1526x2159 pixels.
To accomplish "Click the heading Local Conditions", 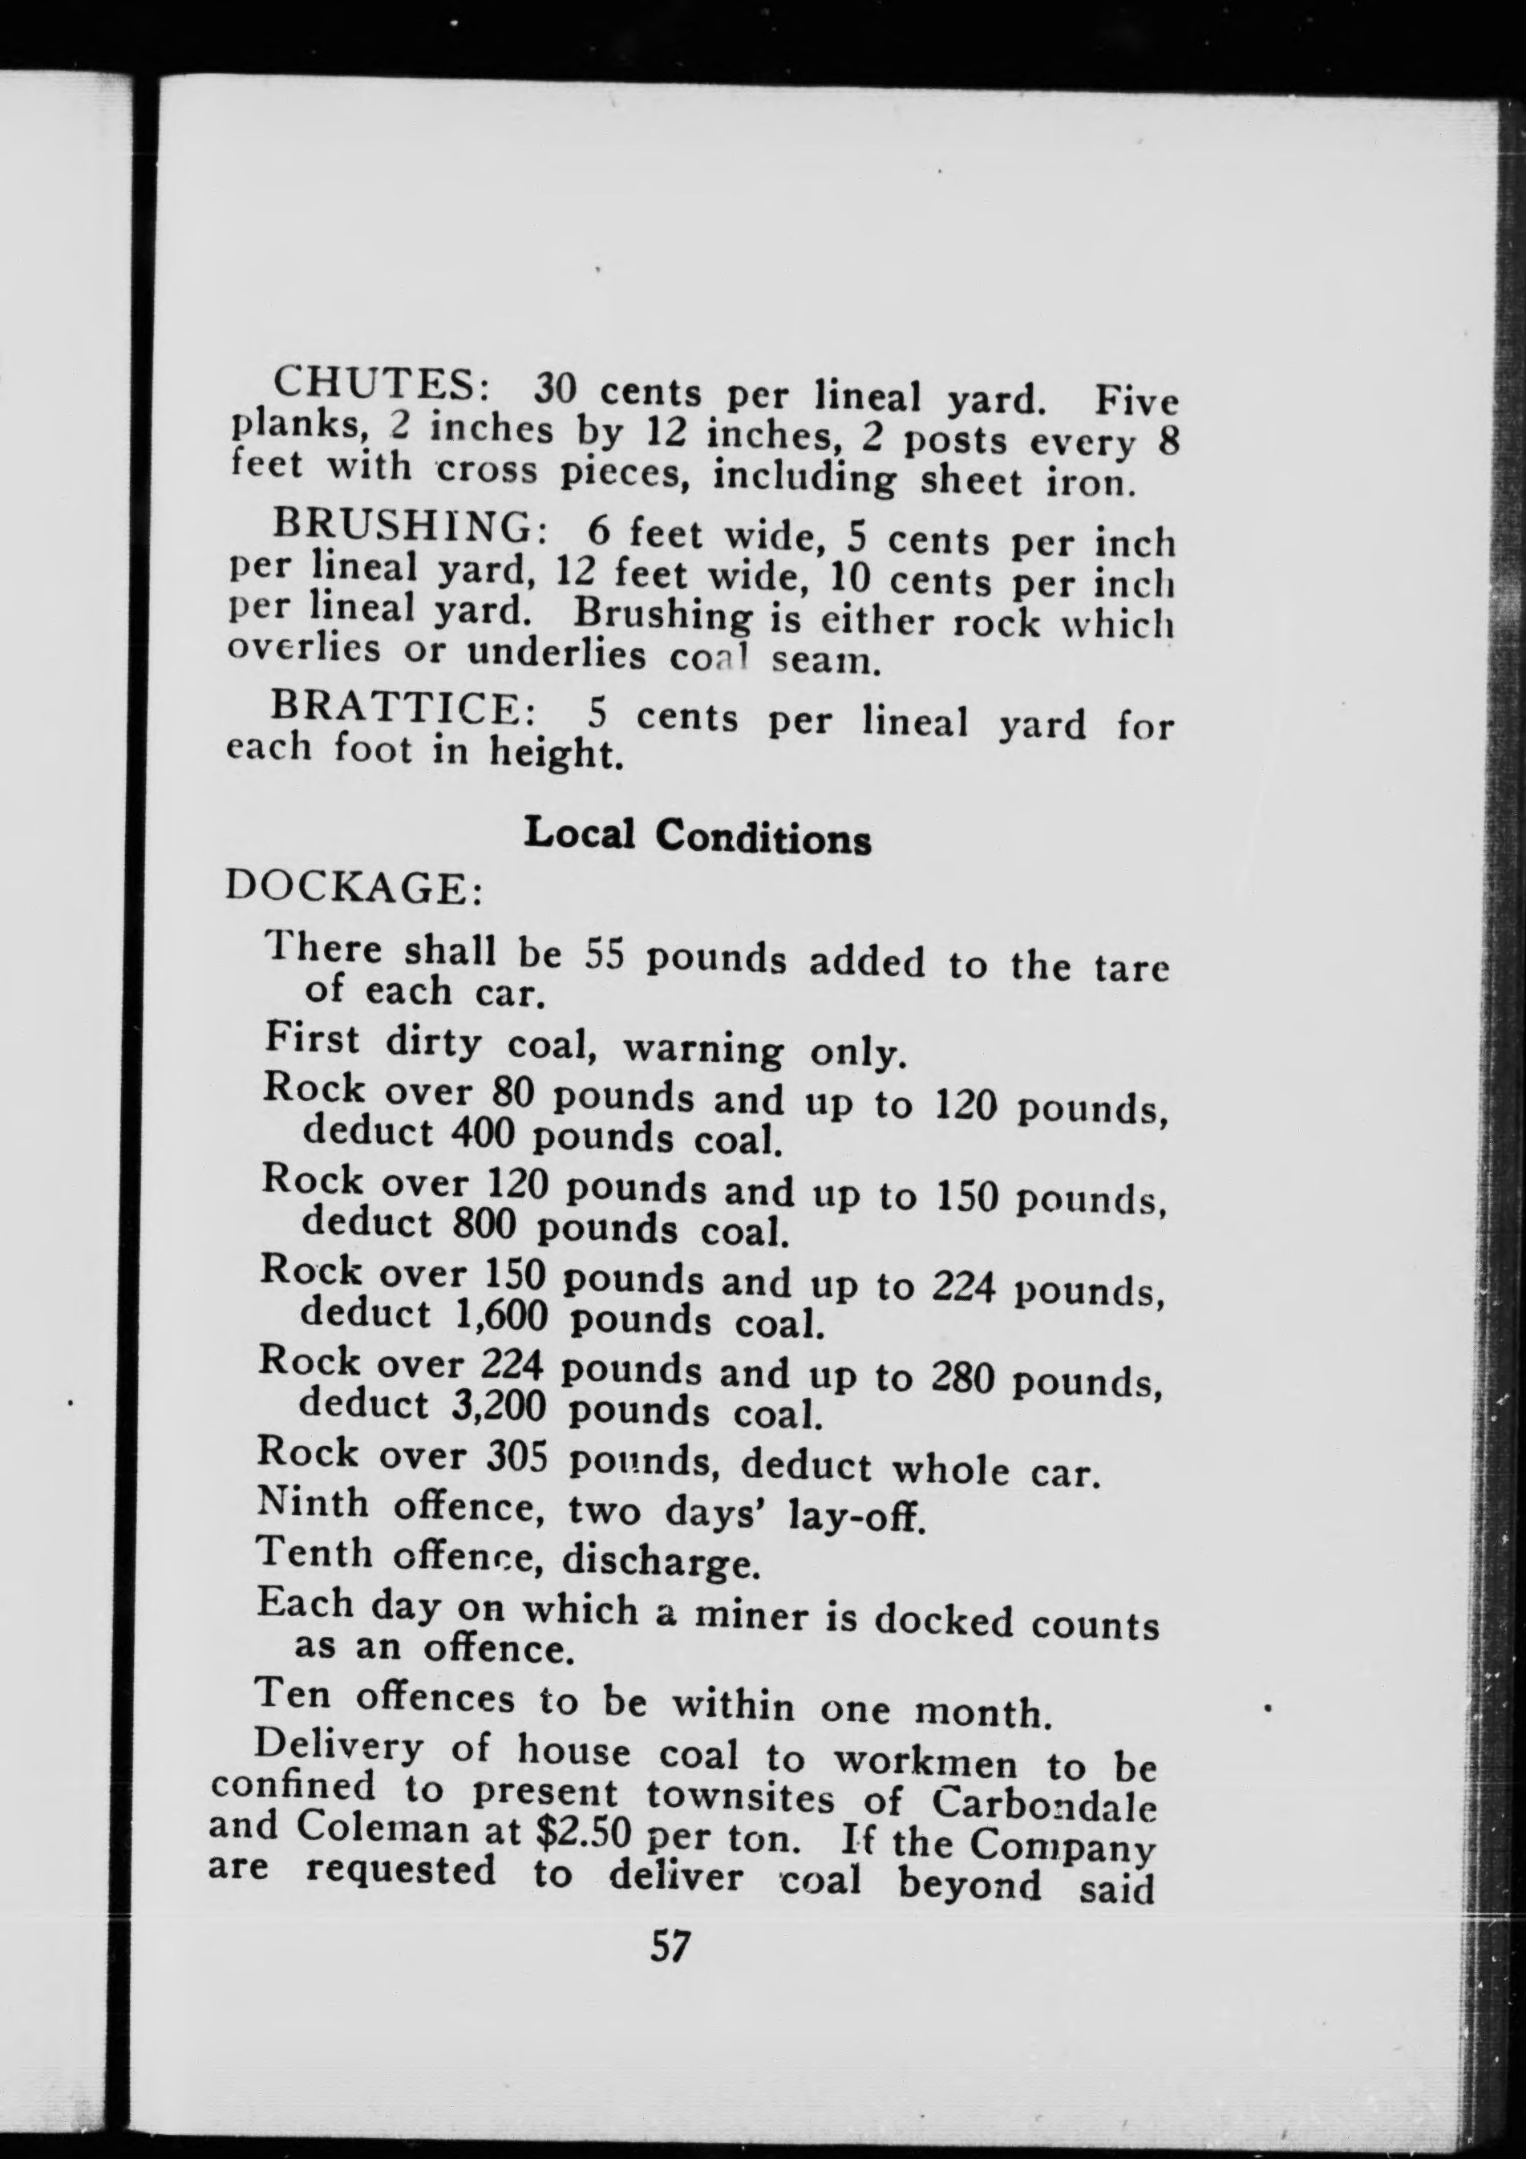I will (x=697, y=836).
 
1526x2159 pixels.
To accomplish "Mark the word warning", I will (x=703, y=1047).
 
